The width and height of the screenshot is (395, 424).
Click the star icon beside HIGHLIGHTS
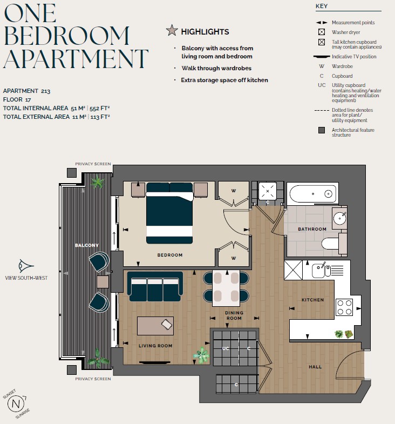pos(172,31)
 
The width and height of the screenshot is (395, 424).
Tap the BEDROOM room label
pos(170,255)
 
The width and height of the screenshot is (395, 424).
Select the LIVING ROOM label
pos(156,346)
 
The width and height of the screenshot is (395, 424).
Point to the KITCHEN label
pos(312,300)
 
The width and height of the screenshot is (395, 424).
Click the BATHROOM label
pos(312,229)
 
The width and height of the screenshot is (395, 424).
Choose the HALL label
pos(315,367)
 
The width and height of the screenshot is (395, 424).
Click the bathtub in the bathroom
pos(312,193)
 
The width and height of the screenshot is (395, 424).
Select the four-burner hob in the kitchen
pos(344,307)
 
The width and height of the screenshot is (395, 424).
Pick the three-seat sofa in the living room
pos(155,286)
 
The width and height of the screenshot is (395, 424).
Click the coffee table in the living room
pos(155,326)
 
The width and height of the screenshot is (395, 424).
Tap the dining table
pos(226,287)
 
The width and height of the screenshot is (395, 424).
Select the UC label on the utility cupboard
pos(226,348)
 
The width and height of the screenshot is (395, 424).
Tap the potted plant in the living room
pos(202,355)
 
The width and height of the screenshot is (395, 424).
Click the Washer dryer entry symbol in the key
pos(322,32)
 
